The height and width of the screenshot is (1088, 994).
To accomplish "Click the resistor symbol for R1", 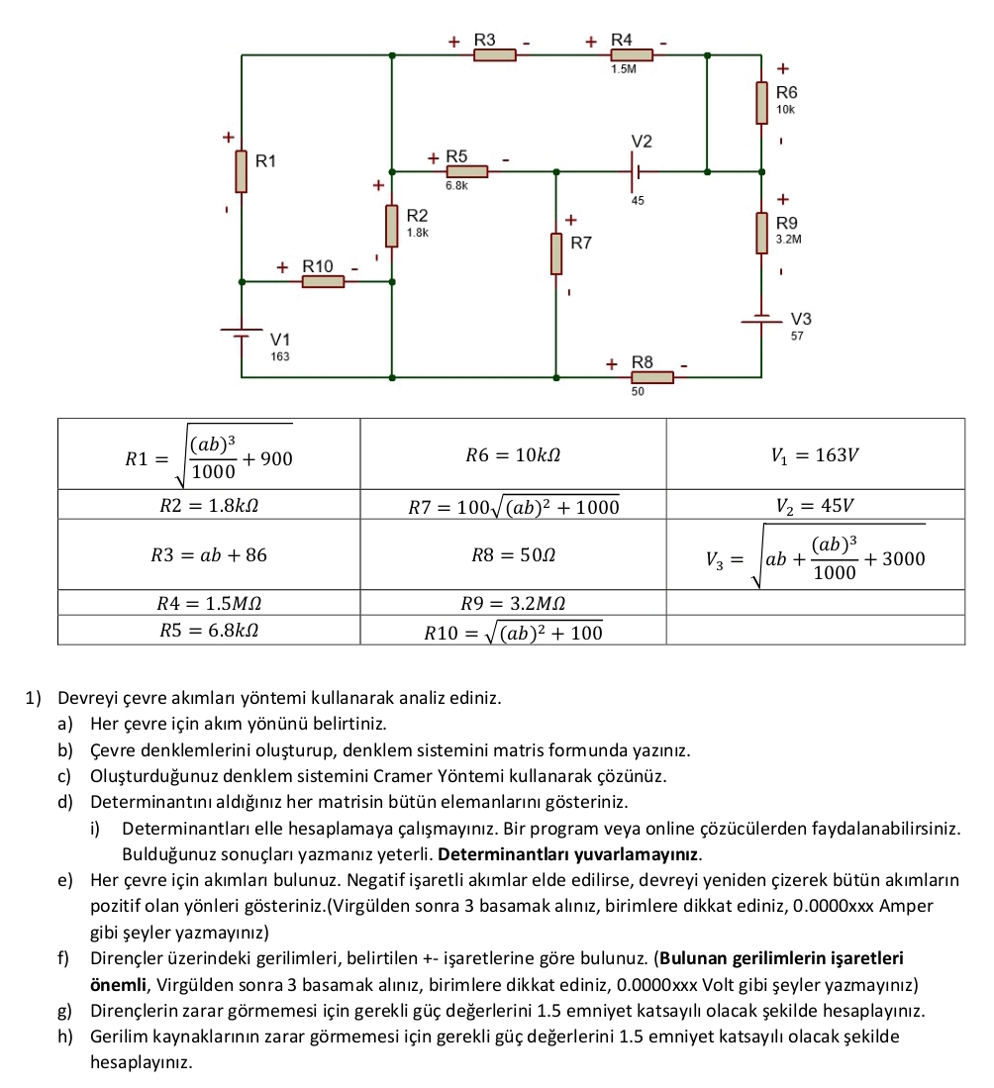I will (x=242, y=171).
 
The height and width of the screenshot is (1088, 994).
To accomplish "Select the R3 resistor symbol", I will (x=494, y=55).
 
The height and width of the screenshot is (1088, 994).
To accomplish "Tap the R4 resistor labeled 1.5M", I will (x=631, y=55).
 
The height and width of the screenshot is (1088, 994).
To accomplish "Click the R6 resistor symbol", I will (x=761, y=102).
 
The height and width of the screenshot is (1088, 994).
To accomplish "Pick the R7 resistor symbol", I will (x=555, y=253).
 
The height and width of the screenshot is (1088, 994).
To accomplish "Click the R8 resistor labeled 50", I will (x=652, y=377).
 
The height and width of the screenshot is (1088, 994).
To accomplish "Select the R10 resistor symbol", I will (x=323, y=281).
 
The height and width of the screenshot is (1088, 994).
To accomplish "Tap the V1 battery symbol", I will (x=242, y=333).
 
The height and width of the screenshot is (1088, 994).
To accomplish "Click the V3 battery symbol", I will (x=761, y=320).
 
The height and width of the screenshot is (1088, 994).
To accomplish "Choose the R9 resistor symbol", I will (x=761, y=233).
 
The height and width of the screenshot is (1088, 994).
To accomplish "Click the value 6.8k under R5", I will (x=457, y=185).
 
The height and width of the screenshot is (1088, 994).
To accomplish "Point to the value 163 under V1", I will (x=280, y=355).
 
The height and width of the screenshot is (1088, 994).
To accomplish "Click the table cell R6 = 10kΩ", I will (x=513, y=454).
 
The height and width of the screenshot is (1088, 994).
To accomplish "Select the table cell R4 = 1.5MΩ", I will (x=209, y=601).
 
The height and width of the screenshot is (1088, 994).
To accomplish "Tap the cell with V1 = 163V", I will (x=815, y=454).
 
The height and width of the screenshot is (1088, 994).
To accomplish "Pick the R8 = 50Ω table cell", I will (x=513, y=554).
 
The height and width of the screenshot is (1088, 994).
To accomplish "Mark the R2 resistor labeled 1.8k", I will (x=393, y=227).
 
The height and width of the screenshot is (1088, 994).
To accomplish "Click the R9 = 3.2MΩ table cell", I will (x=513, y=601).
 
